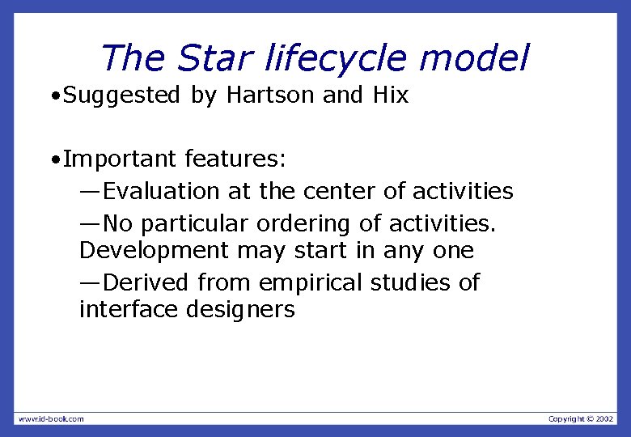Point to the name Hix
pos(391,95)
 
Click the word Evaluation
pos(162,191)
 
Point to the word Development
pos(155,251)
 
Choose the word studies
pos(411,283)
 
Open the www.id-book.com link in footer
pos(50,418)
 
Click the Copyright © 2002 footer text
pos(581,418)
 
